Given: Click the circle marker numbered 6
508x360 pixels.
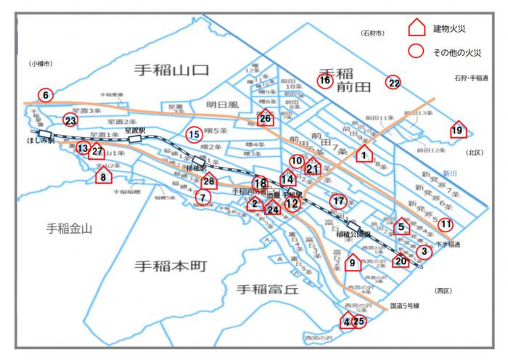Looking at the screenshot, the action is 45,95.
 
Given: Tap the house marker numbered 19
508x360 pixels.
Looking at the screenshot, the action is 458,131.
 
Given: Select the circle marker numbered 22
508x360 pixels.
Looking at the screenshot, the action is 393,83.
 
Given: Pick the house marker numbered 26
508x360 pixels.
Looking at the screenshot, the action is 266,118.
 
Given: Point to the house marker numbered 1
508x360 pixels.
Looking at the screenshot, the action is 364,154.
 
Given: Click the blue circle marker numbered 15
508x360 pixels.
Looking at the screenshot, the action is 194,134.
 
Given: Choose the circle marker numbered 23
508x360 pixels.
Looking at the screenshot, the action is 70,120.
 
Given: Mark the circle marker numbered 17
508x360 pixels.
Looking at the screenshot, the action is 337,200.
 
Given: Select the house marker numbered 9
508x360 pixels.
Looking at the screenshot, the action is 353,263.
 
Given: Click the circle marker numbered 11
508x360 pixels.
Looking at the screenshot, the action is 446,224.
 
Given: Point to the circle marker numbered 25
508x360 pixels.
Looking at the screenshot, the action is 359,321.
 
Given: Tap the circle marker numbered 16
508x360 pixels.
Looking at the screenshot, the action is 325,81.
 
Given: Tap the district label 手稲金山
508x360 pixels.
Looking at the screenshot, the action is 70,229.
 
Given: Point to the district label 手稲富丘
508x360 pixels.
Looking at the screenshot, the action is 268,290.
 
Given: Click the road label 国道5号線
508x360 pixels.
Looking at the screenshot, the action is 406,306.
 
